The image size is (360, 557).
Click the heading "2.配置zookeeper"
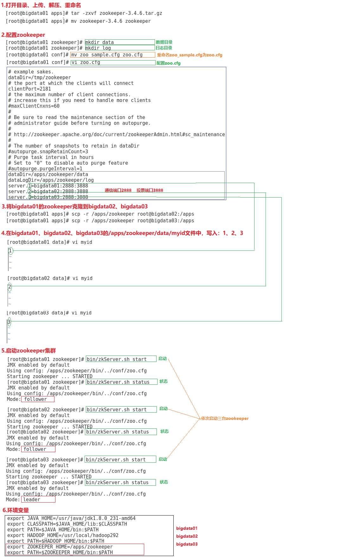[23, 35]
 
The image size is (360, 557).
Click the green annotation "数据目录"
[164, 42]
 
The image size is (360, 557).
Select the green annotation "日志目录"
[164, 48]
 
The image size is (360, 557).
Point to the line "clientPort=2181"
[29, 89]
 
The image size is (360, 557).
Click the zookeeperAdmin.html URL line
[116, 135]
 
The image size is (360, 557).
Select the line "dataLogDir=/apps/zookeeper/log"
[51, 180]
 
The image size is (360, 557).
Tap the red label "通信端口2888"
[118, 190]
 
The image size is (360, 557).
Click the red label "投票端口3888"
[150, 190]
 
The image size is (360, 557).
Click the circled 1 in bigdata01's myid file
[10, 251]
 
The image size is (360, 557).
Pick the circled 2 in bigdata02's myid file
[10, 287]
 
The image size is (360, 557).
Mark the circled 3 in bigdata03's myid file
[9, 322]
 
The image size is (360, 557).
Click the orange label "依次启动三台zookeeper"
[225, 418]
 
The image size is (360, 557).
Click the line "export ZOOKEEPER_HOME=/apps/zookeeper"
[60, 547]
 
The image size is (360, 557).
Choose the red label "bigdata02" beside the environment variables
[187, 536]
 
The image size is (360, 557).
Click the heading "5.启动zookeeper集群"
[29, 351]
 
